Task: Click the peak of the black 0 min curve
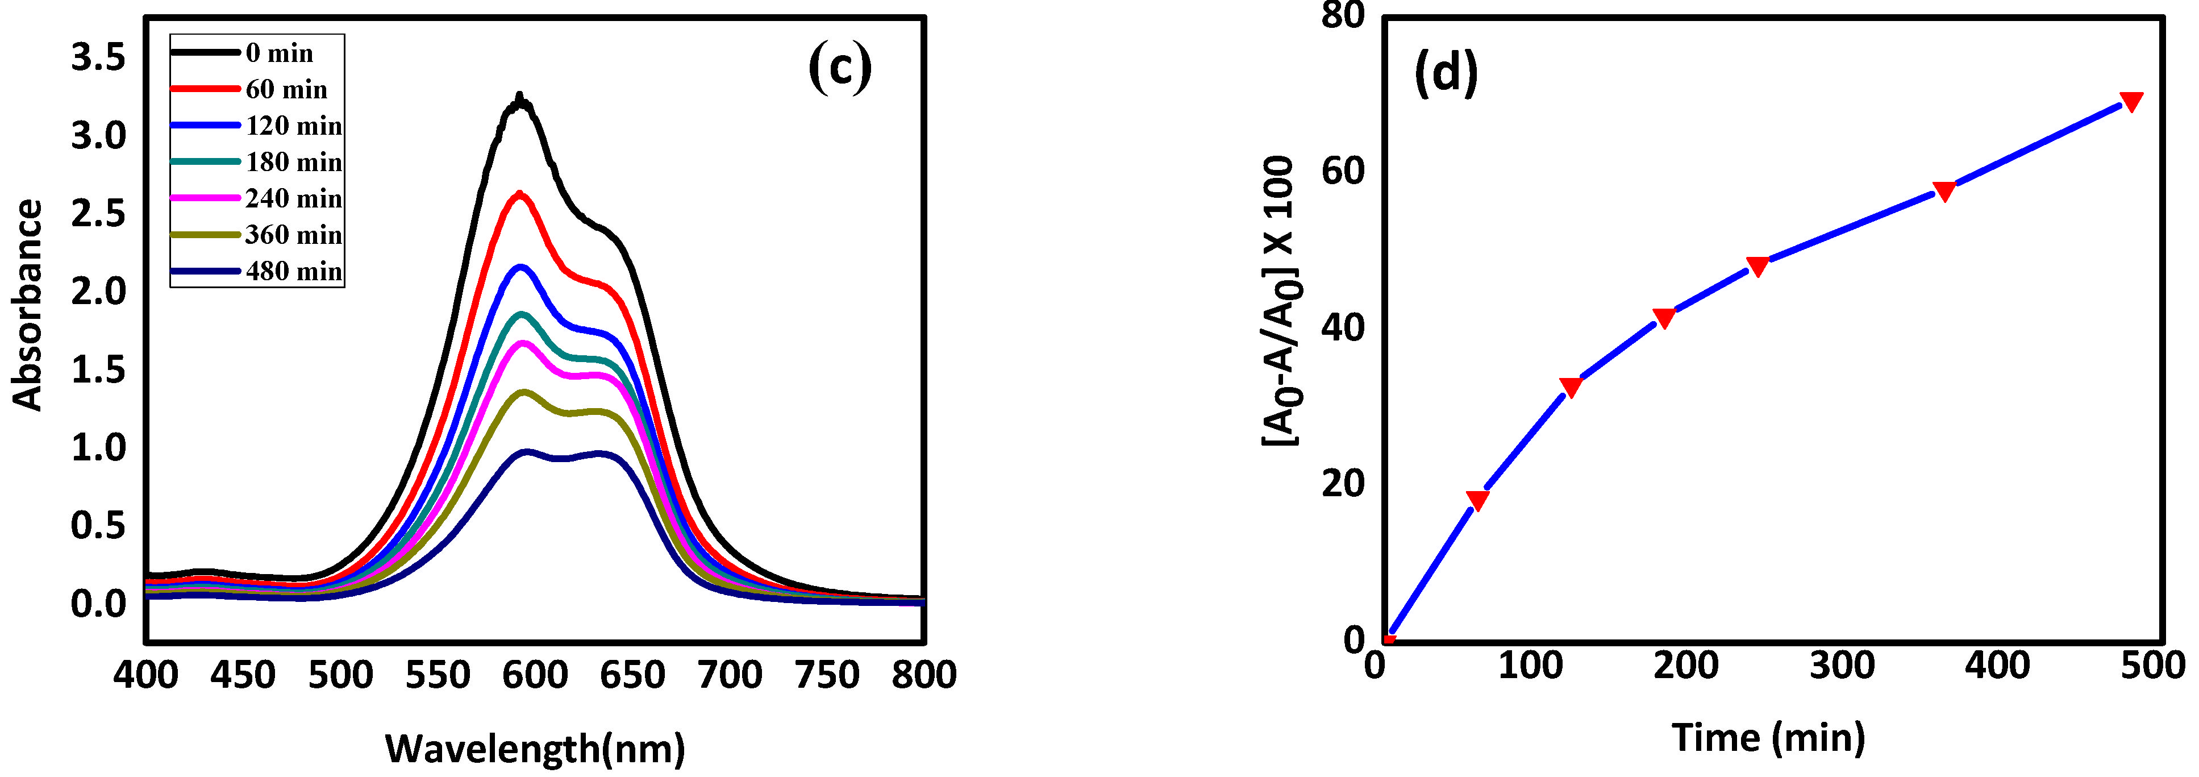point(519,97)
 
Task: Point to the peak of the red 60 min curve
point(519,195)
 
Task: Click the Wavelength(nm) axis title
point(535,748)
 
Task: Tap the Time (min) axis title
point(1768,737)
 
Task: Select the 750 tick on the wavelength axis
point(826,675)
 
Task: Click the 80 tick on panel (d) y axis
point(1343,15)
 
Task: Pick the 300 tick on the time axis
point(1842,665)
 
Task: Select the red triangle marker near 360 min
point(1944,190)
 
